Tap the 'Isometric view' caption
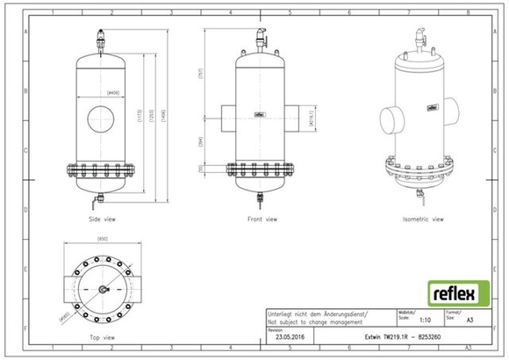point(421,218)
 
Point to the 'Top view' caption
point(103,336)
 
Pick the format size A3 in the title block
point(470,322)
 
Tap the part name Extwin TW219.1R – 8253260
point(403,335)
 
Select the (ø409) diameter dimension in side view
point(113,90)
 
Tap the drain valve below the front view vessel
point(260,198)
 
